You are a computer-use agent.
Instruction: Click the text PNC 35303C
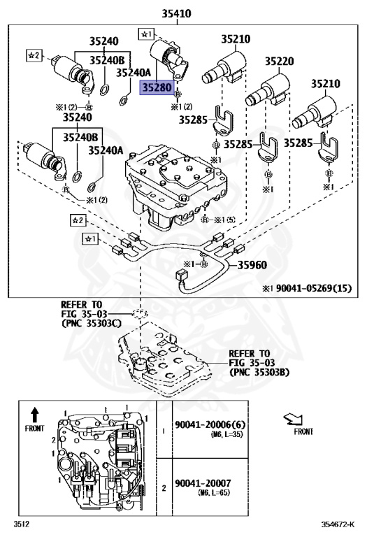(x=92, y=324)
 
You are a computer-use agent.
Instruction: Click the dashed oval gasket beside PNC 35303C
(x=139, y=313)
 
